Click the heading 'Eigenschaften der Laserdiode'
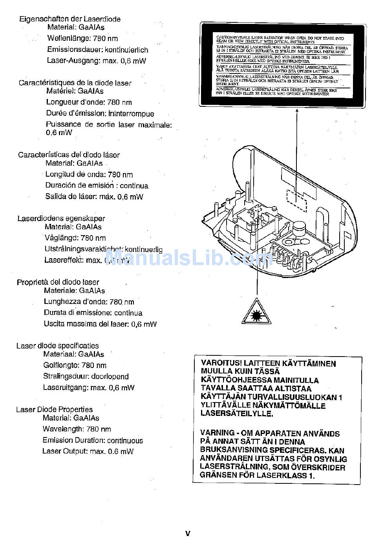[70, 19]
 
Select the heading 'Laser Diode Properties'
[54, 410]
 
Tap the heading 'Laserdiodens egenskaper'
[61, 218]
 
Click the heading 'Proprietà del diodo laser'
[58, 282]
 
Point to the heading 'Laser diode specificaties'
[57, 346]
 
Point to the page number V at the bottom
[188, 533]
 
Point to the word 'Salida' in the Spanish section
[55, 197]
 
